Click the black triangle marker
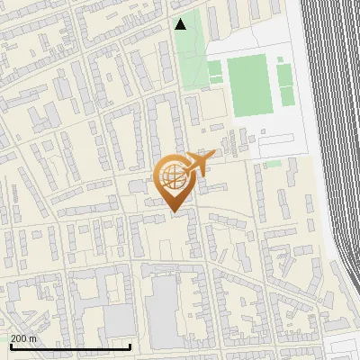point(181,24)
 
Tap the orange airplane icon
point(197,164)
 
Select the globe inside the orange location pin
point(173,175)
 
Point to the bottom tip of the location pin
point(174,212)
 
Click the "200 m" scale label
point(23,338)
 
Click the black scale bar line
point(70,346)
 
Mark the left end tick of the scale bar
point(11,346)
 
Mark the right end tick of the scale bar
point(130,346)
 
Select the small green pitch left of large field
point(215,72)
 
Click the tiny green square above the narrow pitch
point(279,59)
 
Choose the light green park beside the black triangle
point(189,54)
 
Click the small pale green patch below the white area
point(273,164)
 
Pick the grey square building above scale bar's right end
point(118,319)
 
